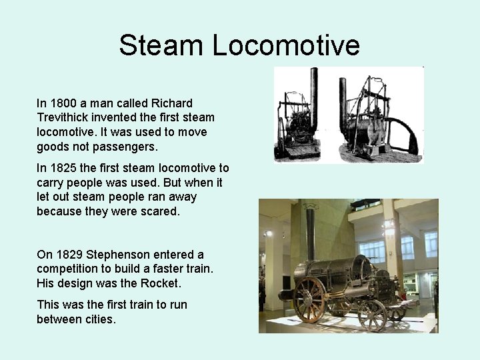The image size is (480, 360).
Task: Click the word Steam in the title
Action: [162, 46]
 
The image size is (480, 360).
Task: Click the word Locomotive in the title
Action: [287, 46]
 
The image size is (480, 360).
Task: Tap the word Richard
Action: [172, 103]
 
